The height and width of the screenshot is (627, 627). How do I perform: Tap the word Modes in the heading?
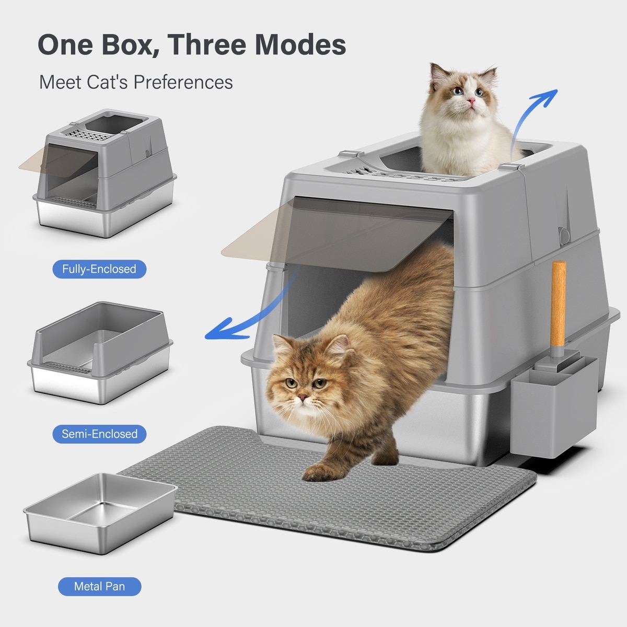tap(300, 44)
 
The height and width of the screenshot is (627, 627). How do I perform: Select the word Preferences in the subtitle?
tap(183, 82)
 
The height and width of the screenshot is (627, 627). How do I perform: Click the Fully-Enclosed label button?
tap(99, 269)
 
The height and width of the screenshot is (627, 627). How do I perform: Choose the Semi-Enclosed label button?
tap(99, 434)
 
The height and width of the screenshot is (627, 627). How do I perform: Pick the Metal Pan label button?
tap(100, 586)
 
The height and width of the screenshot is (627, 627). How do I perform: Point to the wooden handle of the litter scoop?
tap(559, 303)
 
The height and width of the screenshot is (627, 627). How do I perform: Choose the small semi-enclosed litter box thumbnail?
tap(100, 353)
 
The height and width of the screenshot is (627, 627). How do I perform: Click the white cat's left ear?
tap(438, 75)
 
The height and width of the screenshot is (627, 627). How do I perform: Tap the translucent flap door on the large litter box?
tap(337, 234)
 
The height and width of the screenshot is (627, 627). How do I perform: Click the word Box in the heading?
tap(127, 44)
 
